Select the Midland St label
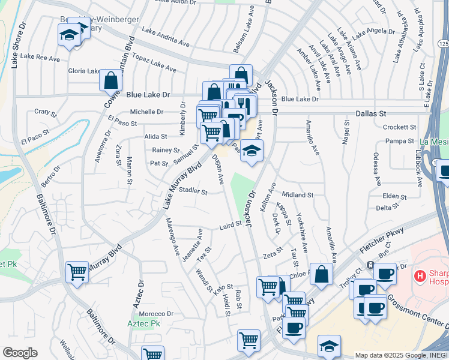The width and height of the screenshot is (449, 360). click(x=298, y=195)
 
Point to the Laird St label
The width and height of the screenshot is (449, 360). click(x=230, y=226)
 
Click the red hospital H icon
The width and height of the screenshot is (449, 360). click(x=420, y=276)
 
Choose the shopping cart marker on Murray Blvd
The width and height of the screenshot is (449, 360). click(x=77, y=272)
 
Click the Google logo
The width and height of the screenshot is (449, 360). click(x=20, y=352)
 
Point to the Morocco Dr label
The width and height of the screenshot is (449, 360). click(x=157, y=314)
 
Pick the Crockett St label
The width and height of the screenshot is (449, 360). click(x=400, y=127)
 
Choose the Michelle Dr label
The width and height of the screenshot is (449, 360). click(x=146, y=112)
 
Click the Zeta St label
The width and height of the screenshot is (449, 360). click(x=273, y=254)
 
